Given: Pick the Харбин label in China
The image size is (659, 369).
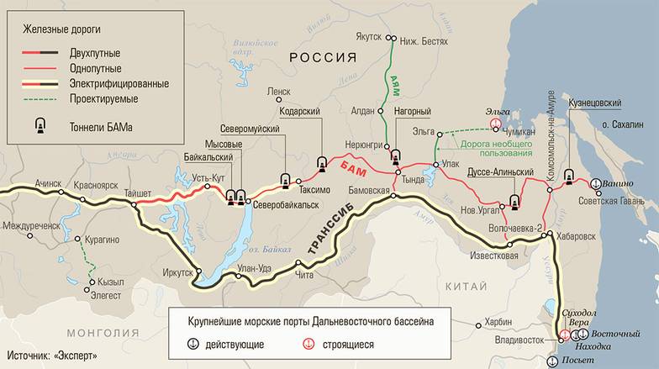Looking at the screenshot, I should point(498,321).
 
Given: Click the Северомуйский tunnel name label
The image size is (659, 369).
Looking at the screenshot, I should point(250,129).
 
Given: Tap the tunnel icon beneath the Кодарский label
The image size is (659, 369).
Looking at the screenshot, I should point(321,162).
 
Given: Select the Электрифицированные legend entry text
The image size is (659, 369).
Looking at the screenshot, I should point(121,84).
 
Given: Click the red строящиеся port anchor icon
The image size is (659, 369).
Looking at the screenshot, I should point(308,344).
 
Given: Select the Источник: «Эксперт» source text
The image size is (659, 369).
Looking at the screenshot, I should point(53,356).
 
